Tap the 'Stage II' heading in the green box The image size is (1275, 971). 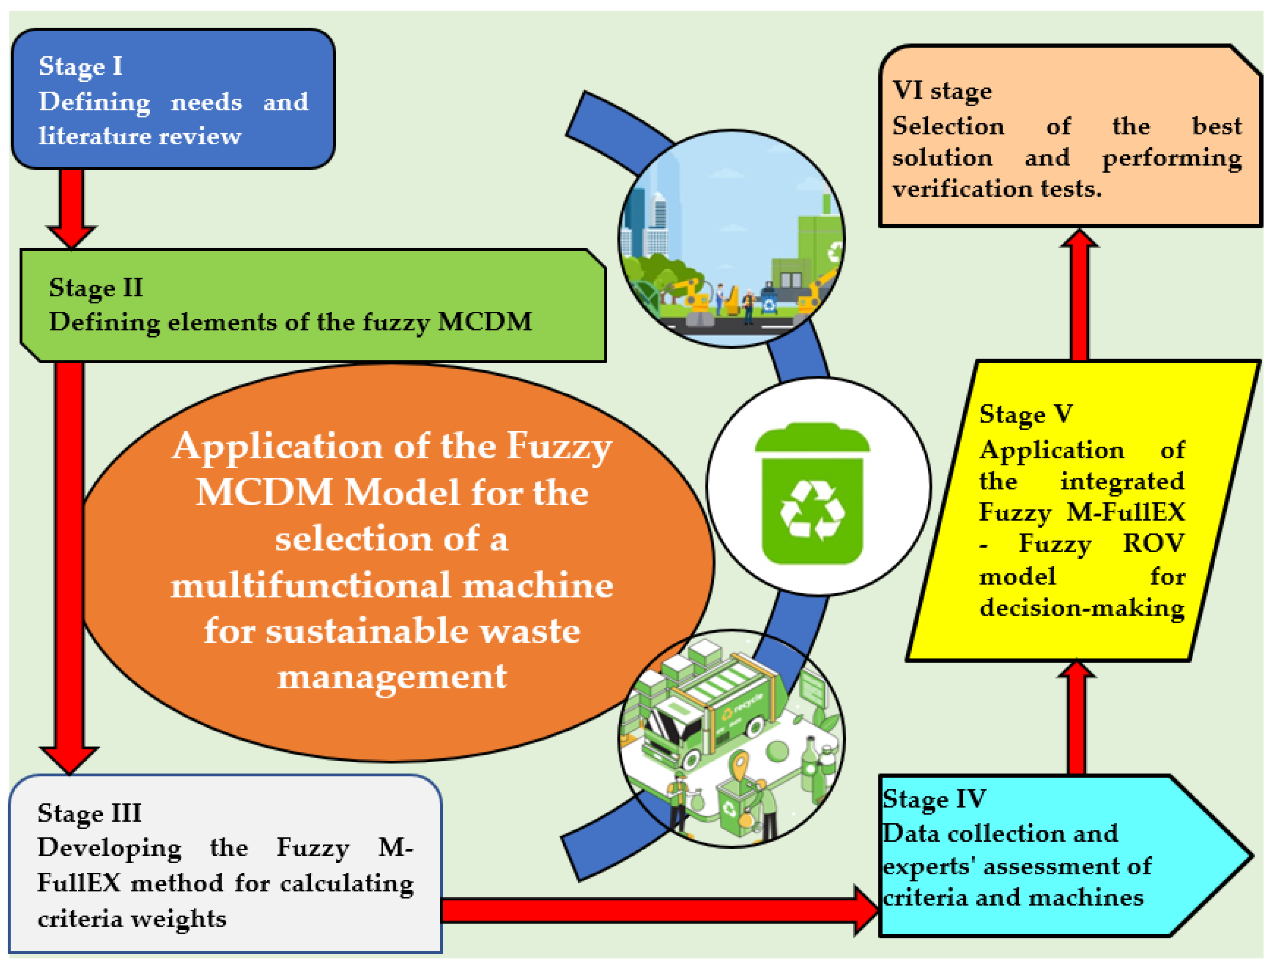click(x=96, y=287)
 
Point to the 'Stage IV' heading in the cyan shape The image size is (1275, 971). click(x=934, y=799)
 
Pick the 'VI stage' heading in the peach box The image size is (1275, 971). click(x=942, y=91)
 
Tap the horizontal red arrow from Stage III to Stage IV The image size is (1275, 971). click(x=653, y=910)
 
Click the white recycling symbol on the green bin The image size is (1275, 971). click(x=812, y=510)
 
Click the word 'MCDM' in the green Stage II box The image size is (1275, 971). click(x=485, y=321)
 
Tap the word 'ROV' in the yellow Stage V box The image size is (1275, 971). click(x=1154, y=543)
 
